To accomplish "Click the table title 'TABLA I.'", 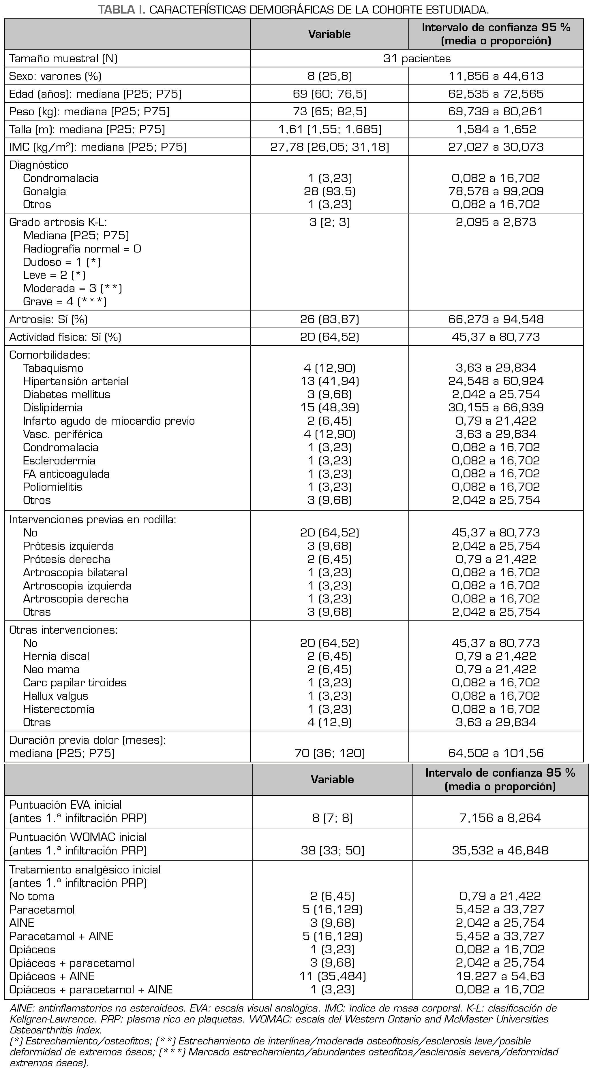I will click(121, 9).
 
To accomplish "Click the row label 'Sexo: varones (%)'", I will click(55, 76).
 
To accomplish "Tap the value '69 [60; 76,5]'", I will click(330, 94).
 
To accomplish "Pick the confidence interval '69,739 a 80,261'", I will click(496, 111).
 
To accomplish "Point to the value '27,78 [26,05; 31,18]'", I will click(330, 147).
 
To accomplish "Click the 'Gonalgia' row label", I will click(44, 191).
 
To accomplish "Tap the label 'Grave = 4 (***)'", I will click(65, 302).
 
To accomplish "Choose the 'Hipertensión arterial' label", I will click(76, 381).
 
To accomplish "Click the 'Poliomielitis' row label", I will click(53, 487).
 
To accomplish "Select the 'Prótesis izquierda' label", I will click(68, 546).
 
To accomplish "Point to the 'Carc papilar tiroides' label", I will click(74, 683).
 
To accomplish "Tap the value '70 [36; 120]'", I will click(330, 753).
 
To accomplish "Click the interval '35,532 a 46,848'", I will click(500, 850).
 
